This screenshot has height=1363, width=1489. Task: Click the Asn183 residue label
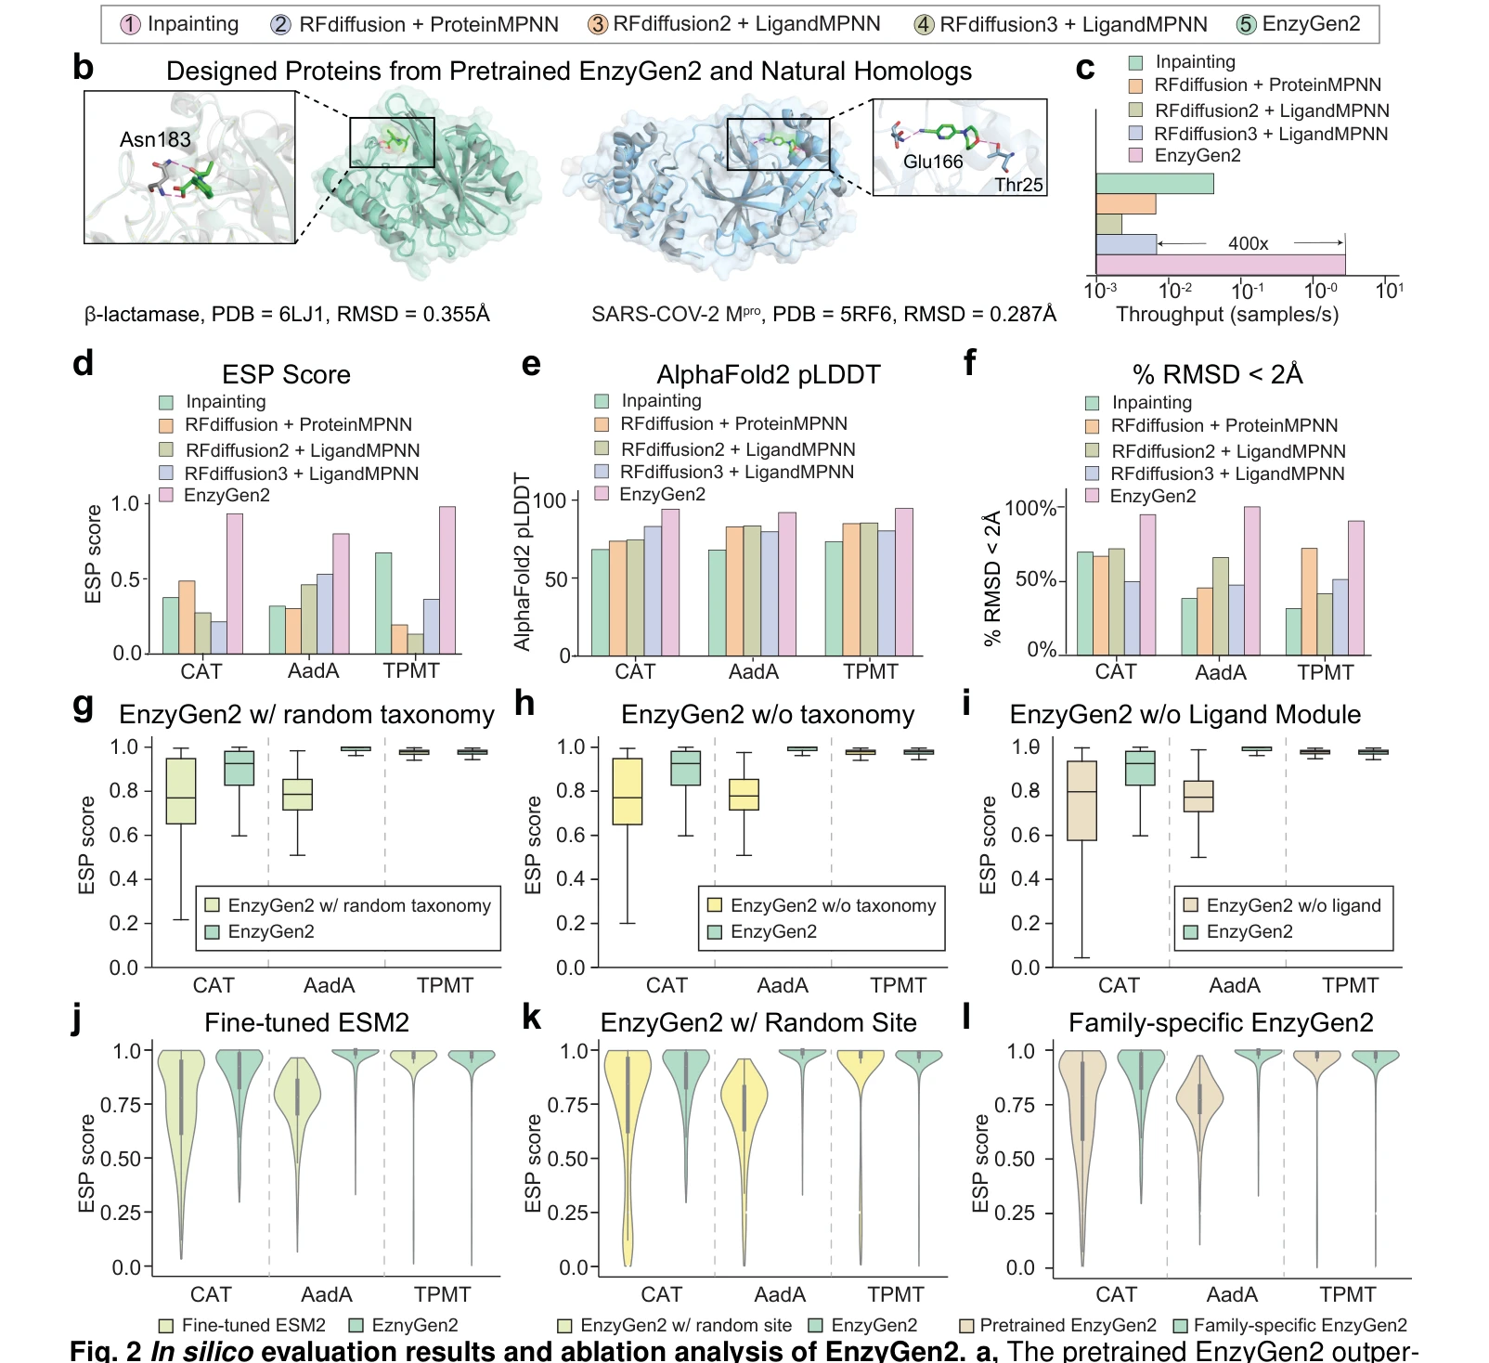[x=155, y=139]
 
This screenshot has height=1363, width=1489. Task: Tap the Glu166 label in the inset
[x=933, y=162]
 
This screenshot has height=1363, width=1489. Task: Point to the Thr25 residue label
[x=1018, y=185]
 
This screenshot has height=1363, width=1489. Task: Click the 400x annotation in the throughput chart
[x=1248, y=243]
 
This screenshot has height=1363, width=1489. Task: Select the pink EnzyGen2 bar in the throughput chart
[x=1220, y=265]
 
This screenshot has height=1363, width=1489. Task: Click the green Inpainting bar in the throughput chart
[x=1155, y=183]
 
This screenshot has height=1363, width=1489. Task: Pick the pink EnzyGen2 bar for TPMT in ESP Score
[x=447, y=580]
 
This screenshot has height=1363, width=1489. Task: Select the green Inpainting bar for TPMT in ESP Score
[x=383, y=604]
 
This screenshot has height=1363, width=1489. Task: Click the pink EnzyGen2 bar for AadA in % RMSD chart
[x=1251, y=581]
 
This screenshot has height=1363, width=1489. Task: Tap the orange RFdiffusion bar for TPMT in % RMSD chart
[x=1309, y=602]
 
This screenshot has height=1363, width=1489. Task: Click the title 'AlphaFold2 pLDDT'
[x=768, y=374]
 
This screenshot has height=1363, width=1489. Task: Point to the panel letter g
[x=83, y=707]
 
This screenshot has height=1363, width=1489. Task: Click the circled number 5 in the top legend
[x=1246, y=25]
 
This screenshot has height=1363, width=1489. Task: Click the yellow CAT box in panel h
[x=628, y=791]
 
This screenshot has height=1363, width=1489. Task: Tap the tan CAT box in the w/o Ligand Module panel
[x=1081, y=801]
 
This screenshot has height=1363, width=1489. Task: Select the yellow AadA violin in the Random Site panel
[x=744, y=1161]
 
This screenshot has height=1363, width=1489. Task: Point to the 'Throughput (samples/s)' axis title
[x=1226, y=314]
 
